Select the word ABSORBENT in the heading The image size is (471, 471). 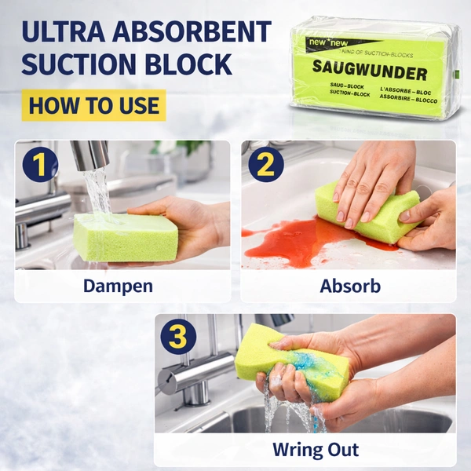point(194,32)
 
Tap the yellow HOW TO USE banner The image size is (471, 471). point(94,104)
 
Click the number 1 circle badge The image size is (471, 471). point(39,166)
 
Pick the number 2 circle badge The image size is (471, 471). point(265,166)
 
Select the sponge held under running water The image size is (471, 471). point(126,238)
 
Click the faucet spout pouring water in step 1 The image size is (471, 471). point(90,155)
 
